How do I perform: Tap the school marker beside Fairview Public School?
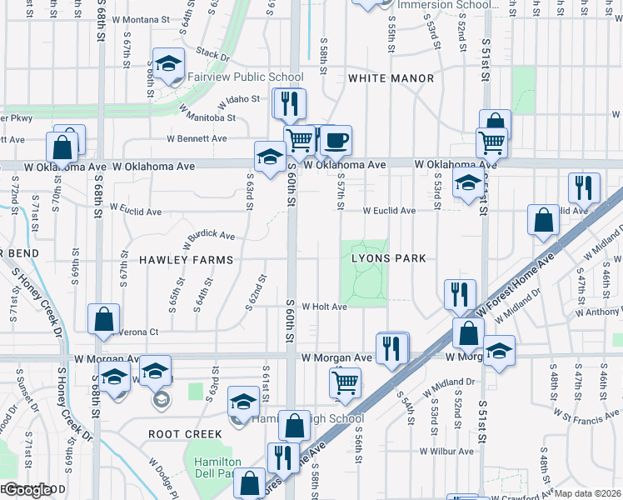[x=168, y=65]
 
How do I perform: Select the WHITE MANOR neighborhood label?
[x=391, y=78]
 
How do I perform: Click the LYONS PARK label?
[x=388, y=258]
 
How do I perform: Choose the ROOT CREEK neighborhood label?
[x=185, y=434]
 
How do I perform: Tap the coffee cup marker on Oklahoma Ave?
[x=336, y=139]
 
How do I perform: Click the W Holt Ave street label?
[x=324, y=307]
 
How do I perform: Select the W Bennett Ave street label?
[x=197, y=138]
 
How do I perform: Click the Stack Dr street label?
[x=212, y=55]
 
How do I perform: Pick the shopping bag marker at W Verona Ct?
[x=102, y=320]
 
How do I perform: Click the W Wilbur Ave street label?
[x=446, y=452]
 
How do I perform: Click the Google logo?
[x=28, y=491]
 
